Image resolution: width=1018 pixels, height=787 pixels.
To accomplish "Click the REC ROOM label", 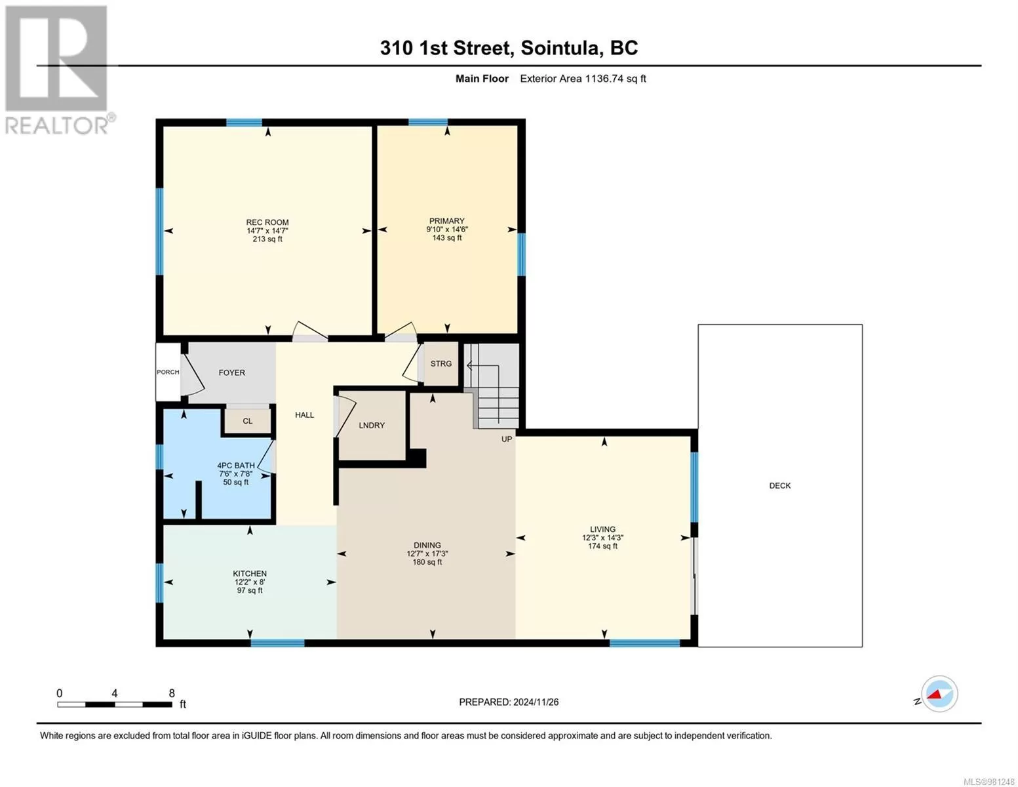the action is pos(267,222).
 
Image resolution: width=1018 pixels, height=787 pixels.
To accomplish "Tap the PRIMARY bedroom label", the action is pos(446,221).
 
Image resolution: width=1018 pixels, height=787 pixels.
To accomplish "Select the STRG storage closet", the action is pos(441,363).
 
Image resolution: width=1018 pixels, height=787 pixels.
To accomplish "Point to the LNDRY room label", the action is pos(372,425).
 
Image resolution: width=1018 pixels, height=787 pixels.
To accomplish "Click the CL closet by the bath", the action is pos(247,421).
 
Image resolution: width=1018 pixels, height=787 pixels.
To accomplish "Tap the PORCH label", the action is pos(168,372).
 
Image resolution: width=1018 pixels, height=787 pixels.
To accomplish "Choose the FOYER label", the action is pos(232,373).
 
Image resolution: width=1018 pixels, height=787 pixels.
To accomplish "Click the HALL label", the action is pos(305,415).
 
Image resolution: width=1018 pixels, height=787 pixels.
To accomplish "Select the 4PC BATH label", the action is pos(235,466).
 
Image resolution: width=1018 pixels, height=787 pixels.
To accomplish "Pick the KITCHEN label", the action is pos(250,573).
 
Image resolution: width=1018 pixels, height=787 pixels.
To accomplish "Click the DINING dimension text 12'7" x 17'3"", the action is pos(427,554).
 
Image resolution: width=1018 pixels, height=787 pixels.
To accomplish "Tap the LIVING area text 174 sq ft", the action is pos(602,546).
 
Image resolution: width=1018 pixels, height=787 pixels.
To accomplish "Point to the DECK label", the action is pos(779,485).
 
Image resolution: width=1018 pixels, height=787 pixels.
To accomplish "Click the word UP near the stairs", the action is pos(507,439).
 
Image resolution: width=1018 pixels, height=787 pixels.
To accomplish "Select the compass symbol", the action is pos(939,694).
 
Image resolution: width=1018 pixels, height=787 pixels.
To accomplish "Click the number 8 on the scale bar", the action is pos(172,693).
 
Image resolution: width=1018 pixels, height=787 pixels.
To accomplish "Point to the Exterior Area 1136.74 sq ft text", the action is pos(583,78).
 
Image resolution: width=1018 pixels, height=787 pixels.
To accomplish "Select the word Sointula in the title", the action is pos(561,48).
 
